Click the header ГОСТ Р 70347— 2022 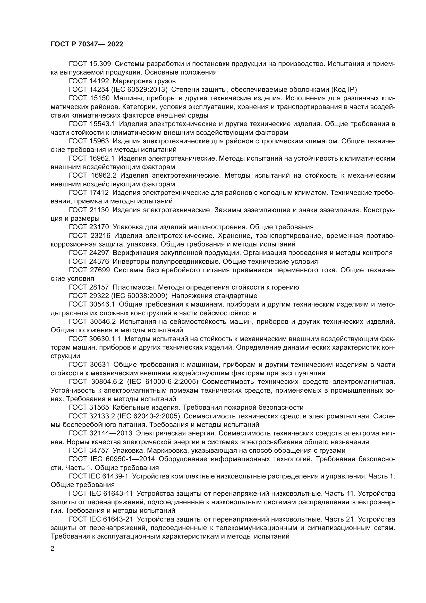[x=87, y=44]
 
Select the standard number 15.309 [x=100, y=64]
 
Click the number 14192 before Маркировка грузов [x=98, y=81]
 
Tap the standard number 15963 [x=98, y=141]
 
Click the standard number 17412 [x=98, y=193]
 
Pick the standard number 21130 [x=98, y=210]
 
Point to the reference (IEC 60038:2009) [x=139, y=296]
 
